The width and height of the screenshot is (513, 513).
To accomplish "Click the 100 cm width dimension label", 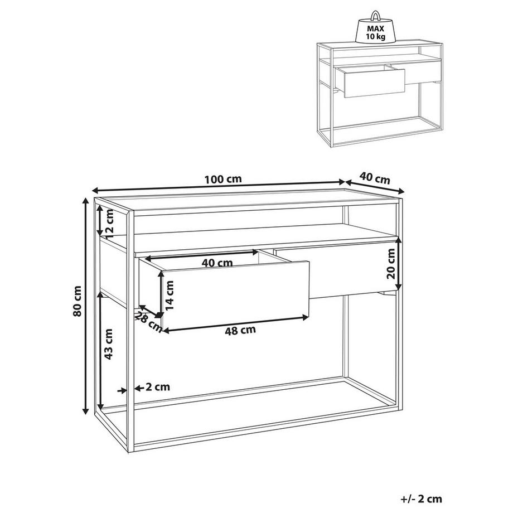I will [x=222, y=180].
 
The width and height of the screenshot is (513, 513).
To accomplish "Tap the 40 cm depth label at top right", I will [x=374, y=178].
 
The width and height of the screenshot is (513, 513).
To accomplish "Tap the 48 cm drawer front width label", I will [x=240, y=330].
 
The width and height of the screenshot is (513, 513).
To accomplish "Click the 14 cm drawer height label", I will [x=170, y=295].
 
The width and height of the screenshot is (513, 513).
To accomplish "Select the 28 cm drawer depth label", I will [x=149, y=322].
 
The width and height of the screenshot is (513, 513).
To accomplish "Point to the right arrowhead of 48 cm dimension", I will [x=306, y=317].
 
